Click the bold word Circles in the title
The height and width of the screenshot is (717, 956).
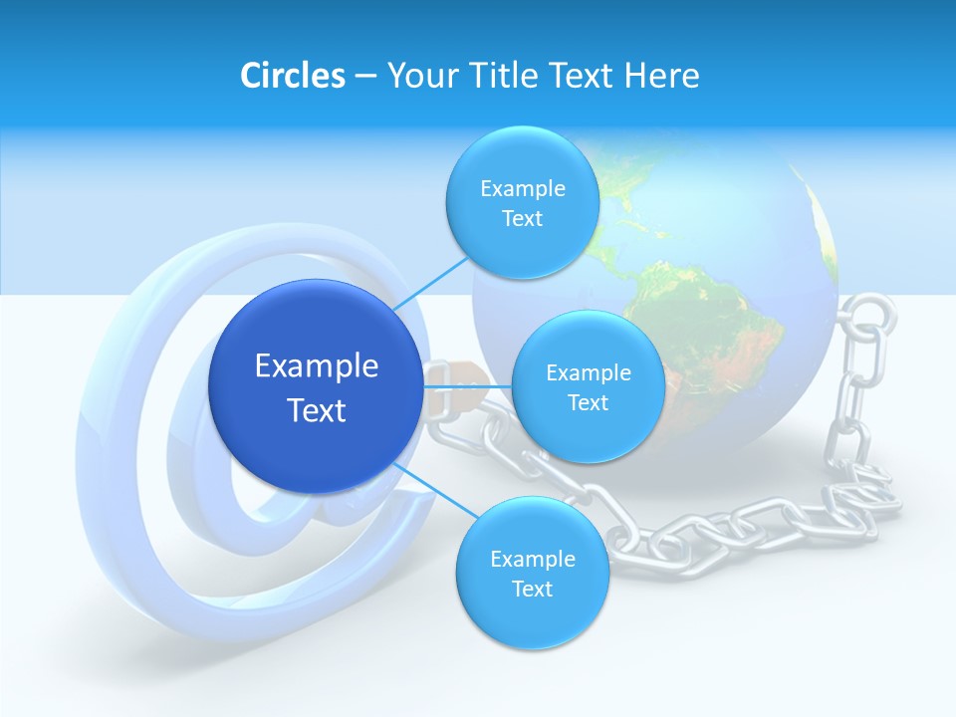(x=292, y=76)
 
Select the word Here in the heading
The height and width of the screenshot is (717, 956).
(x=661, y=76)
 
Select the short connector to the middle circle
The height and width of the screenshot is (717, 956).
(x=468, y=385)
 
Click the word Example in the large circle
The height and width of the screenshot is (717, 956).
(x=316, y=366)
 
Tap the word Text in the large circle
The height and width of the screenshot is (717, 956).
(x=316, y=410)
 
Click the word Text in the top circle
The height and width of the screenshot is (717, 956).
(x=522, y=219)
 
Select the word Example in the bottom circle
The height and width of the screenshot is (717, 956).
(x=532, y=559)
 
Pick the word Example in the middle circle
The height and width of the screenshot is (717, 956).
(x=588, y=373)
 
